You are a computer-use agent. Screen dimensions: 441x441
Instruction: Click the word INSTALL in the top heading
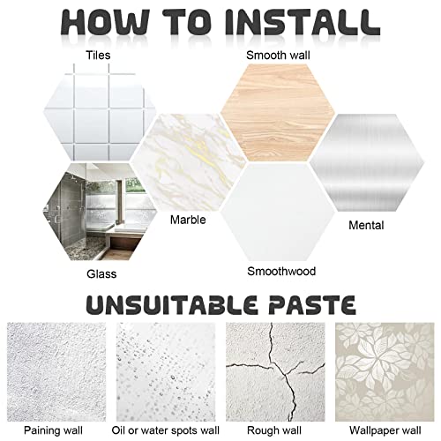[303, 23]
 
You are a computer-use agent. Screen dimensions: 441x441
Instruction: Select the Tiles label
[98, 56]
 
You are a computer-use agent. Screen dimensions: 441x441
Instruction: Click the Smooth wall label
[278, 56]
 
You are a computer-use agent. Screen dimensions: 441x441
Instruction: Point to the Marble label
[188, 220]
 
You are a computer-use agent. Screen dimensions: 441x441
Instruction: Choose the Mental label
[366, 226]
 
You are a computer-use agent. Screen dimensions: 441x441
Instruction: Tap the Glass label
[101, 274]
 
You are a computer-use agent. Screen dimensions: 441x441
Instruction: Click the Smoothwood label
[281, 271]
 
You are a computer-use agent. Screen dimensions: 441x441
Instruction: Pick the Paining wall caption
[53, 430]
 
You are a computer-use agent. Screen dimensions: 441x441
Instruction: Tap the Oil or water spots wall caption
[166, 430]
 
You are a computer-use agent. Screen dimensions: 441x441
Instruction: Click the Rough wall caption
[274, 430]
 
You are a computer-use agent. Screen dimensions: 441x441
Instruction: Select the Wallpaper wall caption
[385, 430]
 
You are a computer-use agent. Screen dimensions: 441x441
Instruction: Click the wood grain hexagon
[278, 113]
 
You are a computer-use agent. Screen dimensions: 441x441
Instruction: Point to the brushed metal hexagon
[367, 162]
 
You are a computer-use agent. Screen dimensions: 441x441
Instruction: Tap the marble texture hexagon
[188, 162]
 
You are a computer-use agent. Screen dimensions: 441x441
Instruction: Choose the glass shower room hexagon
[99, 212]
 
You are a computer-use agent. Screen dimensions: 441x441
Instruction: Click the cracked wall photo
[275, 372]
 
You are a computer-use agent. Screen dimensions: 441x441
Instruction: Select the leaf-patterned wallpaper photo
[385, 372]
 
